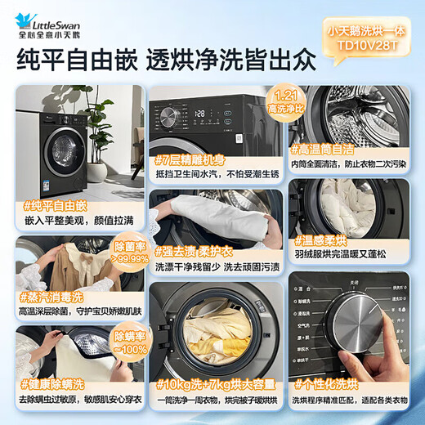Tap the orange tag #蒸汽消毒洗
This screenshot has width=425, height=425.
51,296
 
